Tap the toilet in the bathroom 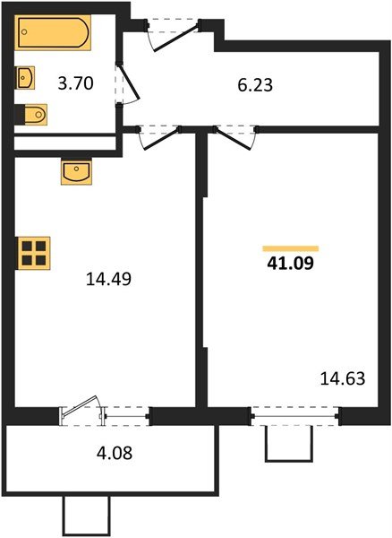click(x=33, y=115)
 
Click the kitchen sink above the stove click(x=76, y=171)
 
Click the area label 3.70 click(x=76, y=85)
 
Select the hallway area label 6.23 click(x=255, y=86)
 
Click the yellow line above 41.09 click(x=291, y=247)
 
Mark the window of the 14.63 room click(x=294, y=414)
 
